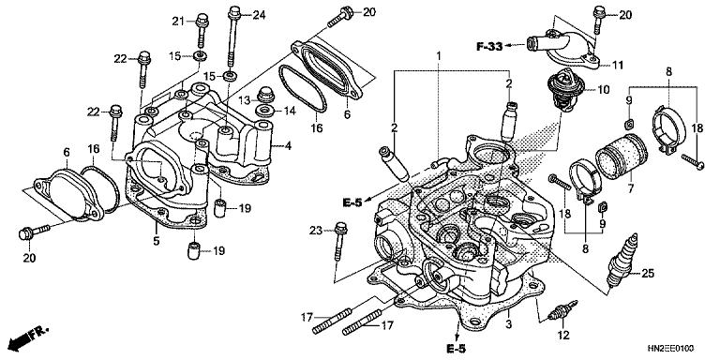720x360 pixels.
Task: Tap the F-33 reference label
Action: coord(489,46)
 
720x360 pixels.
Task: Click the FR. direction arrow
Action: coord(27,337)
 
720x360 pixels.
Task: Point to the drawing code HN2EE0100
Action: coord(671,348)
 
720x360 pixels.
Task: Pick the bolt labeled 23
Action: coord(340,241)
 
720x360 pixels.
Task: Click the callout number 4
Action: coord(288,146)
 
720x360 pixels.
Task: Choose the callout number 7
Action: coord(630,187)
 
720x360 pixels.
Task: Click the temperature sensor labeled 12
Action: coord(562,311)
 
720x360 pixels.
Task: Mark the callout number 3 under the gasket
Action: coord(509,324)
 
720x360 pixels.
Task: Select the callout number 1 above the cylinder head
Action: coord(439,55)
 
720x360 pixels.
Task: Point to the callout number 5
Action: coord(157,240)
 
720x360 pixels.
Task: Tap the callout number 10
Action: coord(603,90)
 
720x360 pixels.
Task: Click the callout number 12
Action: coord(563,336)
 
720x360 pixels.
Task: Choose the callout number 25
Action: coord(648,274)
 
